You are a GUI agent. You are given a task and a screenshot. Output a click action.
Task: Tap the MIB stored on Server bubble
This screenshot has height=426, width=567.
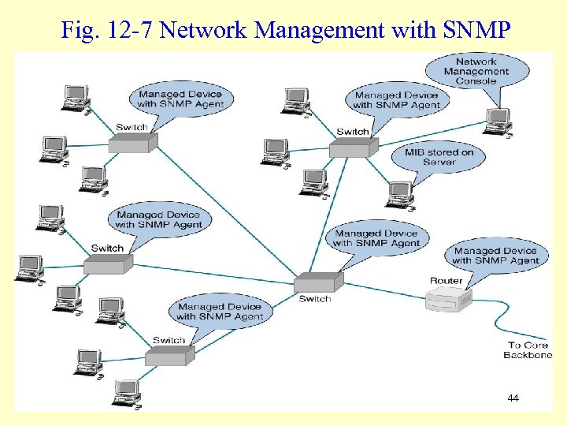[x=439, y=157]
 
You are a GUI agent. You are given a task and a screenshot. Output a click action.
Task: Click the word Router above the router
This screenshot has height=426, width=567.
[x=446, y=281]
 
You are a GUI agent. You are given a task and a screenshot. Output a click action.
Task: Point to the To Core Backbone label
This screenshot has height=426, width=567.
[x=528, y=350]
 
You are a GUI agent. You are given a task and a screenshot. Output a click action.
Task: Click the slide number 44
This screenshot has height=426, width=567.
[x=513, y=398]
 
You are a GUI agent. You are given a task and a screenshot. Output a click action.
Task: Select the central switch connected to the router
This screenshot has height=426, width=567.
[x=319, y=282]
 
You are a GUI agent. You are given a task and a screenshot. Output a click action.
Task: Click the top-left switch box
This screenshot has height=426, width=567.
[x=132, y=142]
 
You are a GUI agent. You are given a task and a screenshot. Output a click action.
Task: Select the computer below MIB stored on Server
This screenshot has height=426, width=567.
[x=399, y=193]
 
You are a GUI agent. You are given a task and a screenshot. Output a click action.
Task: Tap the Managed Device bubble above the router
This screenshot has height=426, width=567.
[x=495, y=256]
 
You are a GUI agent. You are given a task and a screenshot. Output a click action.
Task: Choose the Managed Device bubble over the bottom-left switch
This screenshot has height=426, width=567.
[x=220, y=312]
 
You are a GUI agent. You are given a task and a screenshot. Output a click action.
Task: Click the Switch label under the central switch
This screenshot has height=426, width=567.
[x=315, y=299]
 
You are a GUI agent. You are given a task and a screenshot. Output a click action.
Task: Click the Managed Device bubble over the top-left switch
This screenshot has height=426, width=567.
[x=180, y=99]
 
